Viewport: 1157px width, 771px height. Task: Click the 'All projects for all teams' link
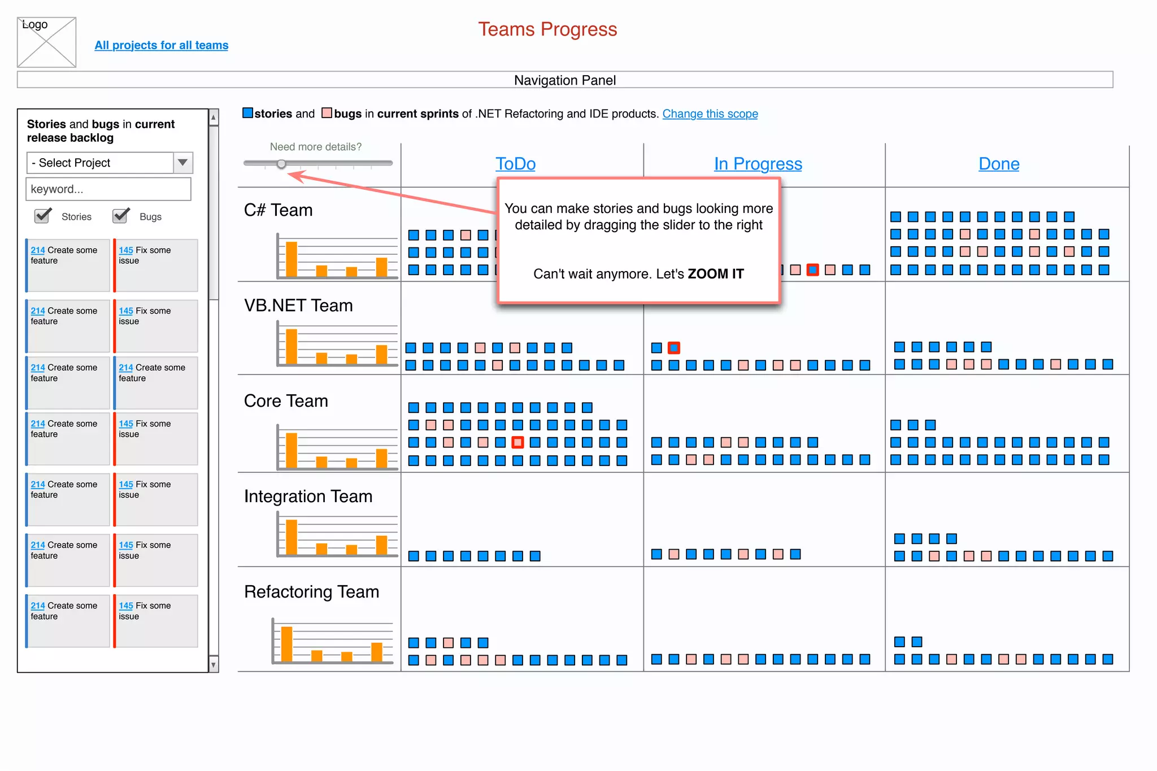pos(161,45)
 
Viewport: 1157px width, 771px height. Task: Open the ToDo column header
pos(515,164)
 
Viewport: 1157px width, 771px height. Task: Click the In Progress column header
pos(758,164)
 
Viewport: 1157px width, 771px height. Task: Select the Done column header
pos(999,164)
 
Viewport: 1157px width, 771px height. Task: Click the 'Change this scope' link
pos(710,114)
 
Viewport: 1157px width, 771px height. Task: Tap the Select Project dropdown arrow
pos(182,163)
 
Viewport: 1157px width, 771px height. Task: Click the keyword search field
pos(108,189)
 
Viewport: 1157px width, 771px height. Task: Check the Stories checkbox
pos(42,216)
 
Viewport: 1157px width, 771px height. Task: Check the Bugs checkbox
pos(120,216)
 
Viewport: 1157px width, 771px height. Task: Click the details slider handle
pos(281,164)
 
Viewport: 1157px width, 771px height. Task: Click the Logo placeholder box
pos(46,42)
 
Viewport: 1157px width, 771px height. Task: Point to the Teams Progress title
pos(547,29)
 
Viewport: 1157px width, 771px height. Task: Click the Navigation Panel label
pos(565,80)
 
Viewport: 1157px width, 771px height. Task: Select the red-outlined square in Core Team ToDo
pos(517,442)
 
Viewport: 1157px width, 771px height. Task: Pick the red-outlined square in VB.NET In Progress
pos(674,348)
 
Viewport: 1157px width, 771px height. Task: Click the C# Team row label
pos(278,210)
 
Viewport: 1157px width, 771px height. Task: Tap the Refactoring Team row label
pos(311,592)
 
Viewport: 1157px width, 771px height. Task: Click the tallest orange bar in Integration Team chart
pos(292,537)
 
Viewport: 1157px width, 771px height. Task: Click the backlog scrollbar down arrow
pos(214,665)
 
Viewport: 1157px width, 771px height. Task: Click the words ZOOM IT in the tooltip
pos(715,274)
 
